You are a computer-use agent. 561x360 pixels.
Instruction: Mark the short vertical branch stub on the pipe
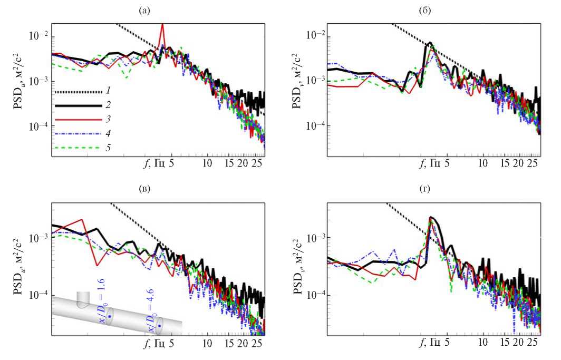(x=83, y=299)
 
